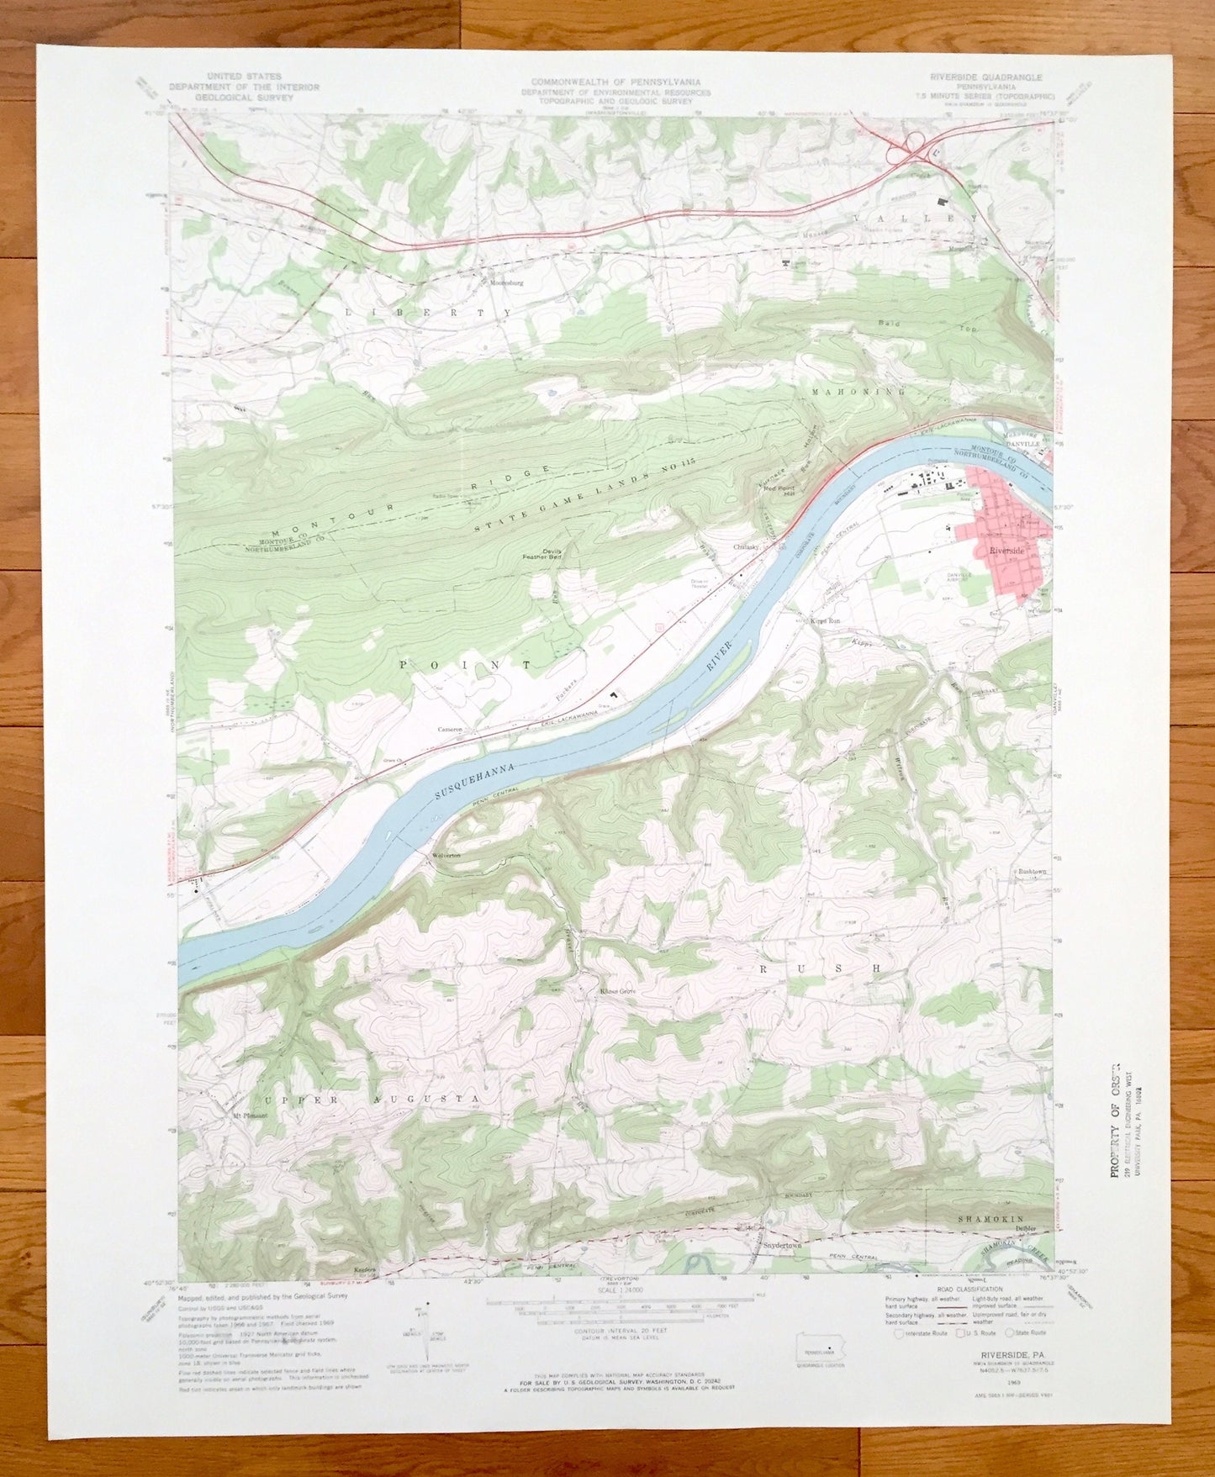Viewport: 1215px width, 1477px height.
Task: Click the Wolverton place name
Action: pos(446,854)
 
